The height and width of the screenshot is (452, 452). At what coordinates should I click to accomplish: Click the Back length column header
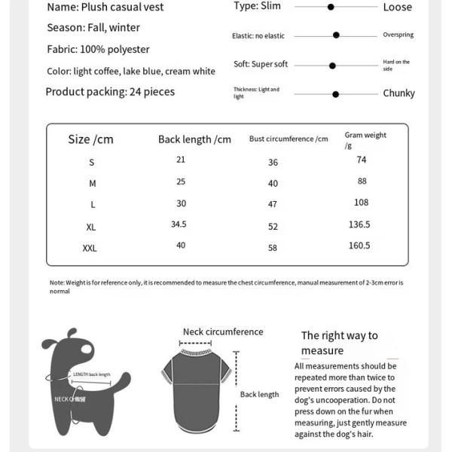coord(194,139)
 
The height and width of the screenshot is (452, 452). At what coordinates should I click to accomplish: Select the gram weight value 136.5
coord(359,224)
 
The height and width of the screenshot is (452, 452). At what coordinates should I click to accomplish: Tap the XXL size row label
coord(90,248)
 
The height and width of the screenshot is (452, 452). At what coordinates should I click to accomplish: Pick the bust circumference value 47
coord(273,204)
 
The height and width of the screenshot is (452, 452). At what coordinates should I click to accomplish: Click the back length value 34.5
coord(179,224)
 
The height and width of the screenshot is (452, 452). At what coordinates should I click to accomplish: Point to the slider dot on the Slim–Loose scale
coord(331,7)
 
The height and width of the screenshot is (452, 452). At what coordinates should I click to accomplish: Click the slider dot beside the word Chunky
coord(335,94)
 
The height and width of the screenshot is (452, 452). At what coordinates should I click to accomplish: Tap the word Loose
coord(397,8)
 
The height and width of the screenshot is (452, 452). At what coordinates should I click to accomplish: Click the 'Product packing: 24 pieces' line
coord(110,92)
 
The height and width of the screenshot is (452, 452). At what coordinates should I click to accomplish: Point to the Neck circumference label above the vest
coord(223,331)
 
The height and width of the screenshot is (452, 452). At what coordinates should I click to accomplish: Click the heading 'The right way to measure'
coord(339,343)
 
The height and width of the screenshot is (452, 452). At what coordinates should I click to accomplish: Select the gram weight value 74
coord(362,160)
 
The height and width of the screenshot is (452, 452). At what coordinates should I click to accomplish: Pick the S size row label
coord(92,163)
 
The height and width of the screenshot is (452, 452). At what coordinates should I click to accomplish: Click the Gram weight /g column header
coord(365,140)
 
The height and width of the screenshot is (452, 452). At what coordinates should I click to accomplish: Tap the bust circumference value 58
coord(273,248)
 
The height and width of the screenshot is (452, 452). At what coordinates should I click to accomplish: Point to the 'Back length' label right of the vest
coord(259,395)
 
